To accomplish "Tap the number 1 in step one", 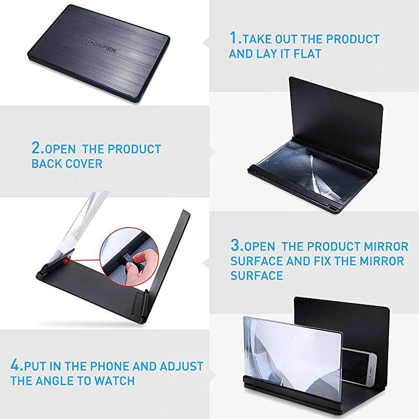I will pyautogui.click(x=234, y=39).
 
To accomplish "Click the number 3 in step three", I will pyautogui.click(x=236, y=246).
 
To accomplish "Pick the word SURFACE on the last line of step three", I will pyautogui.click(x=257, y=275).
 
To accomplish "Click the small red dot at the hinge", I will pyautogui.click(x=67, y=259).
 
